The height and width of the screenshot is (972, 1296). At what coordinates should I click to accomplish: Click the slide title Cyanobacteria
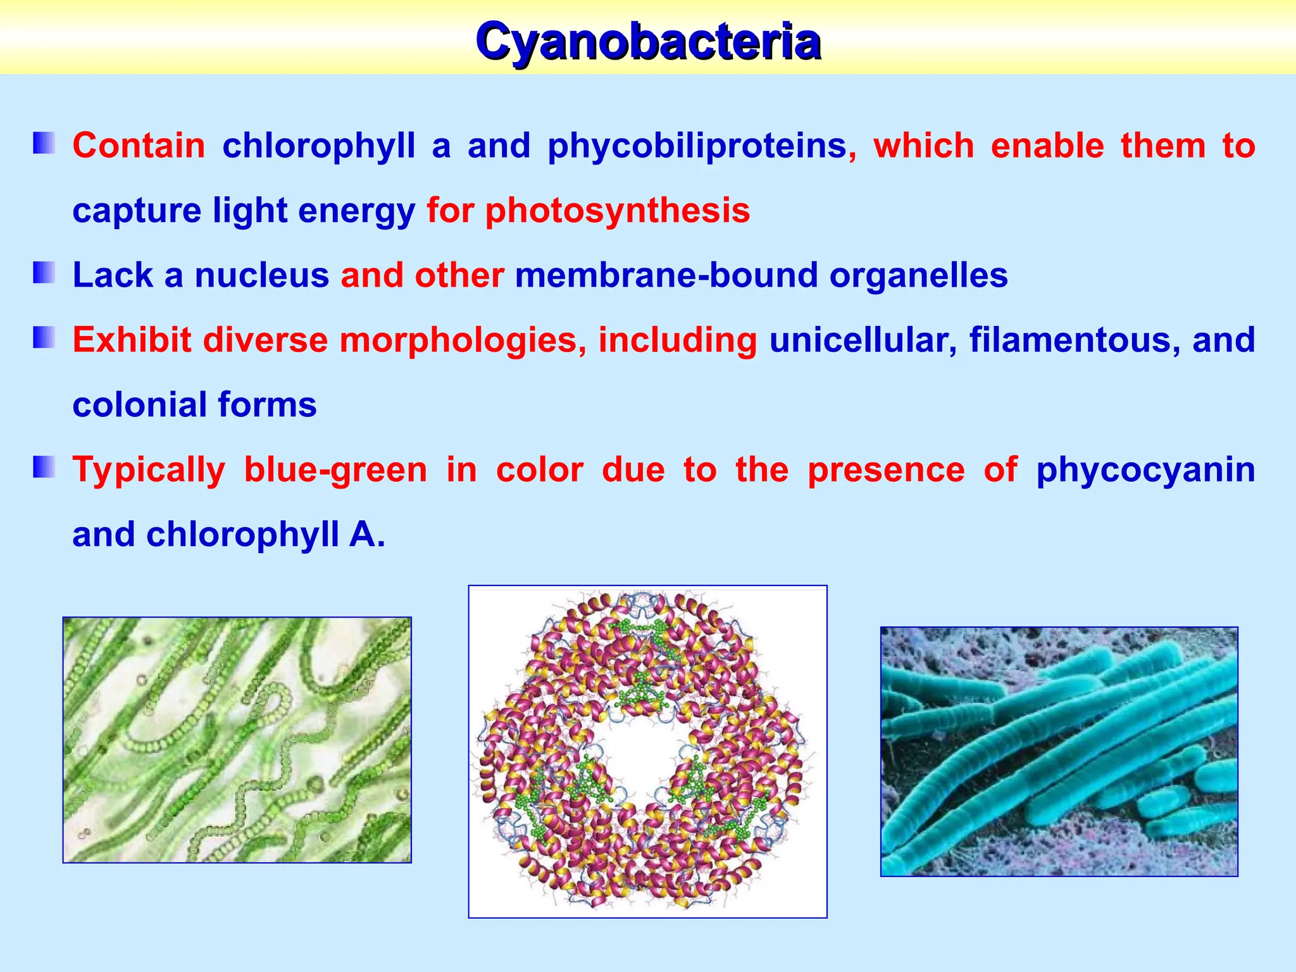click(648, 42)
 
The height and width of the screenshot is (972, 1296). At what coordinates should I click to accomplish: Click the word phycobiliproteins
click(697, 147)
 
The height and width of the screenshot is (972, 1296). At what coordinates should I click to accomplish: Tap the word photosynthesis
click(618, 211)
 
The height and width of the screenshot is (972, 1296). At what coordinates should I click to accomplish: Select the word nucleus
click(261, 276)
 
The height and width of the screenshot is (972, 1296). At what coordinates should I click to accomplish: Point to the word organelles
click(918, 276)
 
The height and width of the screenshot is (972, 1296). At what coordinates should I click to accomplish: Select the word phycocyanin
click(1145, 470)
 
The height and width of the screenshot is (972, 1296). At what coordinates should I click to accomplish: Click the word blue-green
click(335, 470)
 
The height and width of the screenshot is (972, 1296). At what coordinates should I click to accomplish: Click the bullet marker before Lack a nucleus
click(45, 273)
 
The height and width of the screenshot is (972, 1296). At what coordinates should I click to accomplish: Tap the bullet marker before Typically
click(45, 468)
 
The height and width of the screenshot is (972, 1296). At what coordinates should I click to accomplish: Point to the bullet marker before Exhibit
click(45, 338)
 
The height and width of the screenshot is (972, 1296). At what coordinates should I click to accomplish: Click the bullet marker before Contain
click(45, 144)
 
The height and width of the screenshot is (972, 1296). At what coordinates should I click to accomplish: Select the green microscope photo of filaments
click(237, 740)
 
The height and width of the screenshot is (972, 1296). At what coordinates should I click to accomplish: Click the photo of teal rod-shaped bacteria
click(1059, 751)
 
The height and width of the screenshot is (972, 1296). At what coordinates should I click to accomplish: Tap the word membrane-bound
click(666, 276)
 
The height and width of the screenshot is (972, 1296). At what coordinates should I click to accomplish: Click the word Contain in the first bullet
click(139, 147)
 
